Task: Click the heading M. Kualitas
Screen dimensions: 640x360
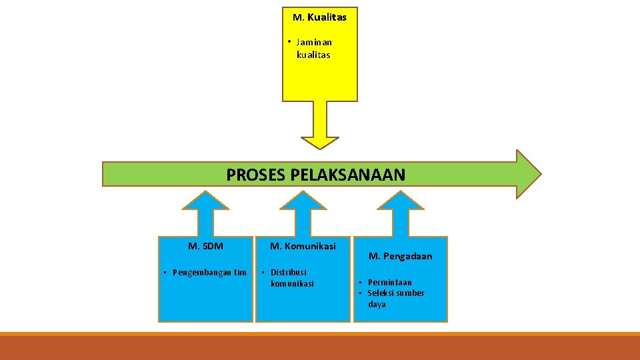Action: tap(319, 17)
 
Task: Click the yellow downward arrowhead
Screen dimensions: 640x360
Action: tap(320, 142)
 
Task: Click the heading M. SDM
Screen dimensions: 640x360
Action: tap(205, 246)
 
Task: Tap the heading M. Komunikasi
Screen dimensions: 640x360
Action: tap(303, 246)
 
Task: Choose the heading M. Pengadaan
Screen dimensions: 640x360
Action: tap(400, 256)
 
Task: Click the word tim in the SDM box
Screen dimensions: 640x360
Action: tap(240, 272)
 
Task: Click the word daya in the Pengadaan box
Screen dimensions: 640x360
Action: tap(377, 305)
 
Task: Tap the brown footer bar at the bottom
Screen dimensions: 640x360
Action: tap(320, 348)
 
